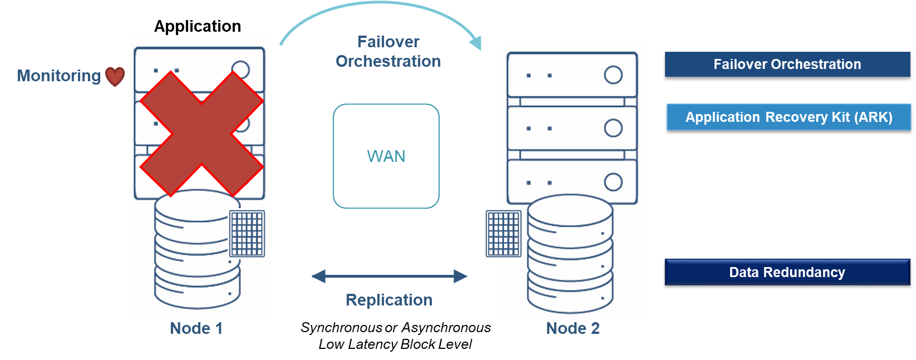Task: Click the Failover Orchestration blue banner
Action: pos(787,65)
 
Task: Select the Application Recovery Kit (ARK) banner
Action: pos(788,117)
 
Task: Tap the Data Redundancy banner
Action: pos(787,272)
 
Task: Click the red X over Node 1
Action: pos(201,134)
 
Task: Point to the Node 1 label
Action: pos(196,328)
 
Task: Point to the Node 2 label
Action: pos(573,328)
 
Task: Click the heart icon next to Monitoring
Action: pos(115,76)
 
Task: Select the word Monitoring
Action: pos(58,76)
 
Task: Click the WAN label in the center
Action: pos(386,156)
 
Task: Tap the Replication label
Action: pos(389,300)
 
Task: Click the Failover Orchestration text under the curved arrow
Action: pos(388,52)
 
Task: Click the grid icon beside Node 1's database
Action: pos(247,234)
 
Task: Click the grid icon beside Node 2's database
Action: pos(503,234)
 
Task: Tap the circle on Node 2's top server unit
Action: pos(613,75)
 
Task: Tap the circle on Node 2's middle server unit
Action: pos(613,128)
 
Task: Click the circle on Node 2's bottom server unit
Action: pos(613,182)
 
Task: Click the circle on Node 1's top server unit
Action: pos(240,69)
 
